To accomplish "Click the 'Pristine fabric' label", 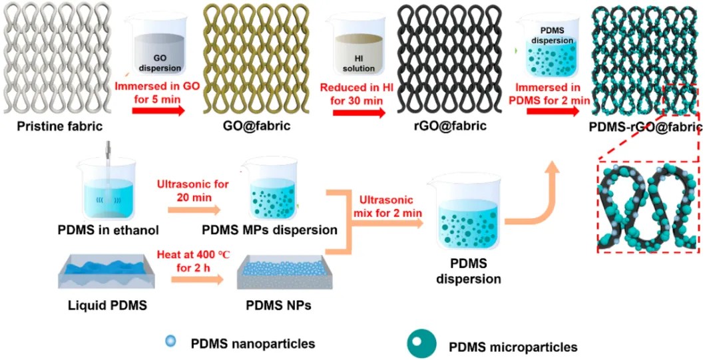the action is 60,126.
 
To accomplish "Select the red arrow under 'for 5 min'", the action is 158,110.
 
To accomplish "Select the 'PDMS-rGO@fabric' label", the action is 646,127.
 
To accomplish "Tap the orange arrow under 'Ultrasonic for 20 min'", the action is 194,210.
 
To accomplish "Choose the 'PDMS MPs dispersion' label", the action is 270,230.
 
